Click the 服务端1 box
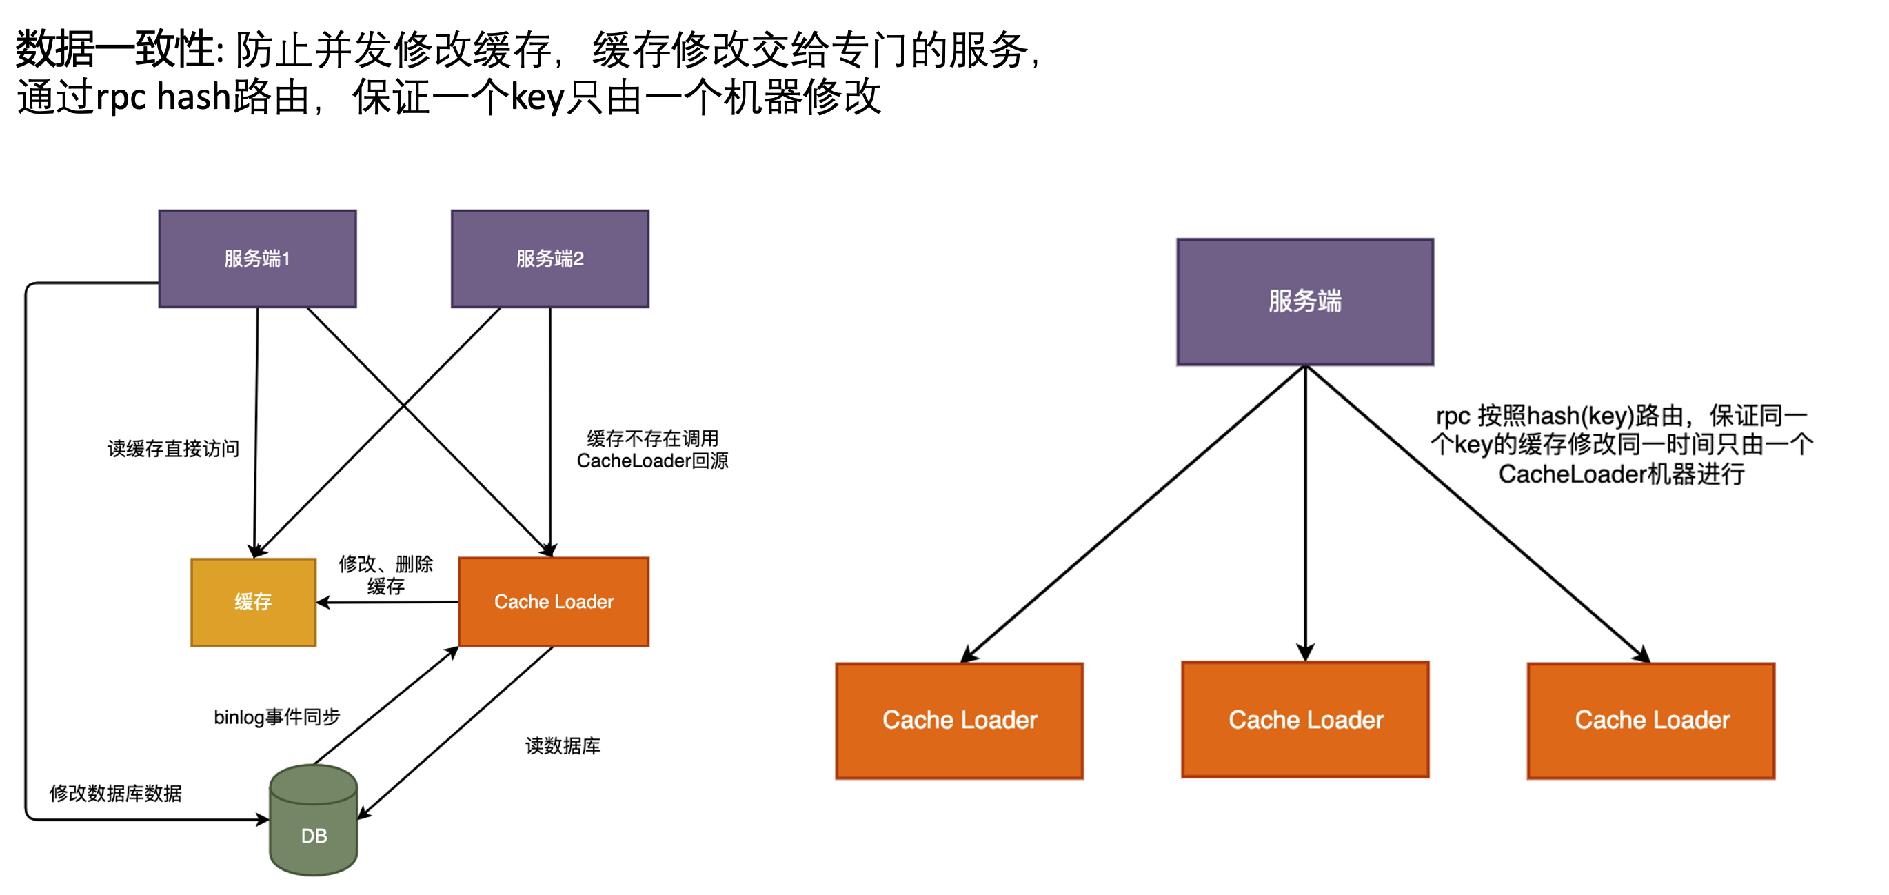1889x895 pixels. click(x=257, y=259)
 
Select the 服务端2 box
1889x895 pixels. click(x=550, y=259)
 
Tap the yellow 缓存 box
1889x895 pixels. click(x=253, y=602)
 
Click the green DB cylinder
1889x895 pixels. click(x=314, y=821)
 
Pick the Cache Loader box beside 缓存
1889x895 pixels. click(x=554, y=602)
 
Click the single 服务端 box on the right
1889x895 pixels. click(x=1305, y=301)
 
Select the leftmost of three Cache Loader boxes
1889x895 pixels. click(x=959, y=721)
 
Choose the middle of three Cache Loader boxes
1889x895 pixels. click(x=1305, y=720)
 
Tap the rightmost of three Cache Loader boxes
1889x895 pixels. click(x=1651, y=721)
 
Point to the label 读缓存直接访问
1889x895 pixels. click(x=174, y=449)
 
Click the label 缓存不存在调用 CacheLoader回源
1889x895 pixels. click(x=653, y=450)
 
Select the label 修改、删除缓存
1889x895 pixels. click(x=385, y=574)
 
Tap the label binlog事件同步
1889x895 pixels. click(x=277, y=716)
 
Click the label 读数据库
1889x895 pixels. click(x=563, y=746)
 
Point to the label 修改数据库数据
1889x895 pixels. click(x=116, y=793)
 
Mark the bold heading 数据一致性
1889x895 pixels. click(x=117, y=50)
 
